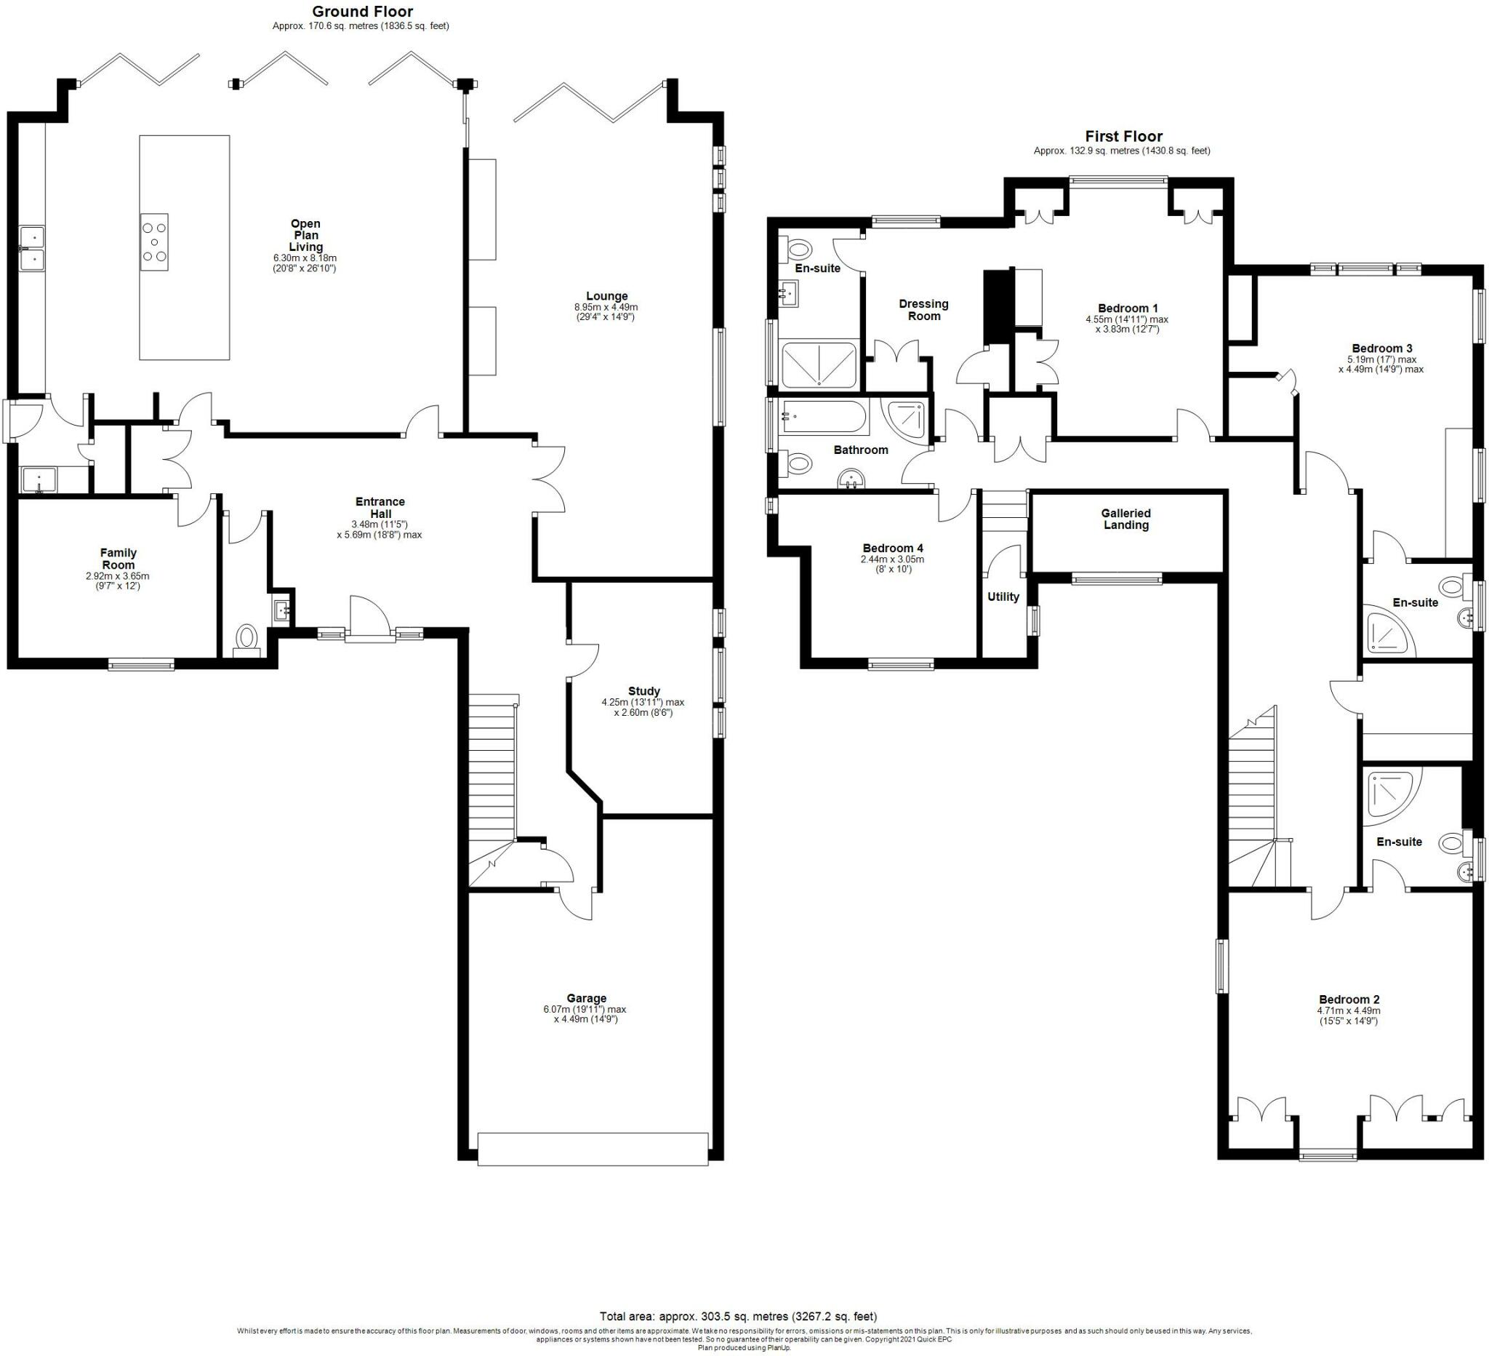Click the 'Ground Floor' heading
(x=362, y=12)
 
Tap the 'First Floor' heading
(x=1123, y=136)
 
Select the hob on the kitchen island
(x=154, y=242)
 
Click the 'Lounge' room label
(x=606, y=296)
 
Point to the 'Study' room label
(x=644, y=691)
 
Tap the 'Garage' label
(x=586, y=997)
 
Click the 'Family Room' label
(x=119, y=559)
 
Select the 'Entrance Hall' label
(x=380, y=508)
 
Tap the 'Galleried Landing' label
(x=1125, y=519)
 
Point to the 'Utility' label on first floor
(x=1003, y=597)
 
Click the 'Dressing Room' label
(x=924, y=310)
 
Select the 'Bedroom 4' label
(x=893, y=548)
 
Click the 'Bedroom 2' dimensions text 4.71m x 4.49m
(x=1349, y=1011)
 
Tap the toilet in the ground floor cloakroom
(x=246, y=639)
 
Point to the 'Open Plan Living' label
(x=305, y=235)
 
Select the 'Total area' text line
(x=739, y=1316)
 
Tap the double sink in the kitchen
(x=32, y=248)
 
